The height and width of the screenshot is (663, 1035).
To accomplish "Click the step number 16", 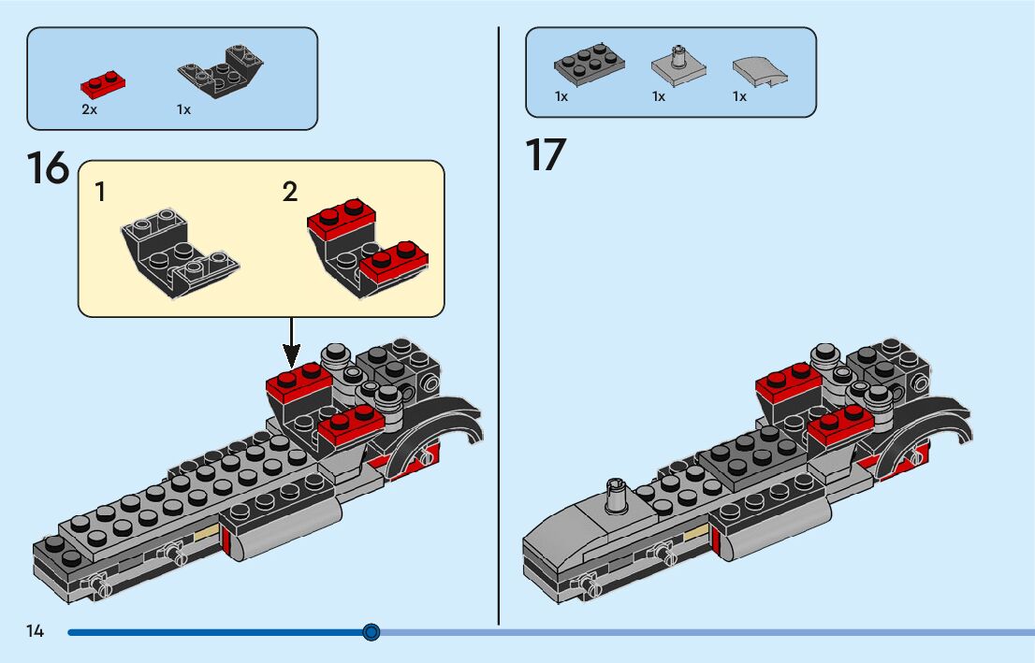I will point(48,168).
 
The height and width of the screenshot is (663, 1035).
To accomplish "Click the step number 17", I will point(547,154).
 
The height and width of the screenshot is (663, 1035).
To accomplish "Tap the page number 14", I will point(36,631).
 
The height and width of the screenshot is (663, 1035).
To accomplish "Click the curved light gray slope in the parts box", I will point(760,69).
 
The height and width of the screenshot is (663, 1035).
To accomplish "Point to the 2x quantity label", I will point(90,109).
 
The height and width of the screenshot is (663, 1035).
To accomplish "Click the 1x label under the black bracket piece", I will point(183,109).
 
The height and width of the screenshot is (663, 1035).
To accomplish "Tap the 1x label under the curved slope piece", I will point(739,96).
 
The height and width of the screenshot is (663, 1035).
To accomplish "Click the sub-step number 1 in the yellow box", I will point(100,194).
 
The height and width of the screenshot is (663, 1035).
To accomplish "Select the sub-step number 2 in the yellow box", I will point(290,193).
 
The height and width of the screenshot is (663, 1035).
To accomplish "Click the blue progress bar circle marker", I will point(372,633).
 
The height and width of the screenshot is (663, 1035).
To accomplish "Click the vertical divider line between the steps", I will point(499,327).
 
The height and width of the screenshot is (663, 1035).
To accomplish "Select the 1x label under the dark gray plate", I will point(561,96).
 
